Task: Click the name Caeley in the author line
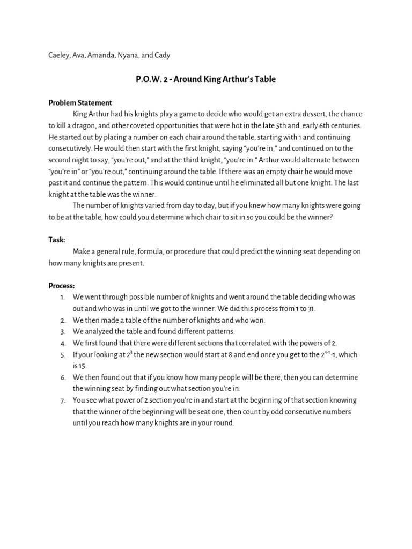[x=58, y=55]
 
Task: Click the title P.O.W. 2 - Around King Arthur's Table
[x=206, y=79]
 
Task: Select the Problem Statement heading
[x=80, y=103]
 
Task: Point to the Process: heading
[x=62, y=286]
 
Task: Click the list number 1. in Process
[x=63, y=297]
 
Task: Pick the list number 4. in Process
[x=63, y=343]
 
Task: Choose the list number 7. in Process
[x=63, y=400]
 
